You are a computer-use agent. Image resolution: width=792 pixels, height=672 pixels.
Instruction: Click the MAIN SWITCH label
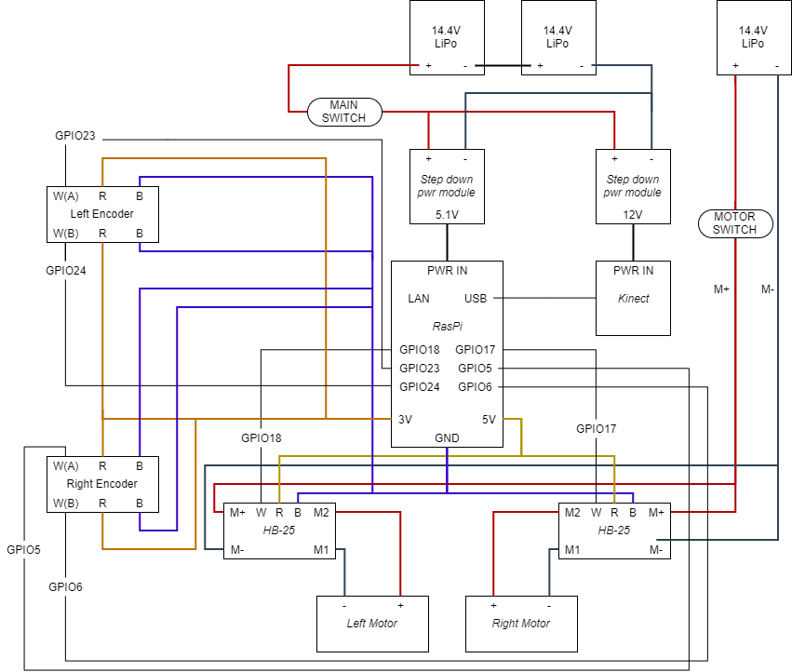tap(344, 112)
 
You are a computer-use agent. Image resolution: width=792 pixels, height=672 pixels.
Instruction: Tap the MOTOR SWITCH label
tap(734, 223)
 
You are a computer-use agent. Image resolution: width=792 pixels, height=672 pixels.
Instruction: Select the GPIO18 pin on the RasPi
tap(419, 350)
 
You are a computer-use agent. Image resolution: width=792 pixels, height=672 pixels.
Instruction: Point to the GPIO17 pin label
tap(475, 350)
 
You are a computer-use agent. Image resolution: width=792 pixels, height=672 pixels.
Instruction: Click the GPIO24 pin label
tap(419, 387)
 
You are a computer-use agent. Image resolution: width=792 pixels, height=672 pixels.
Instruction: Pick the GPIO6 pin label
tap(475, 387)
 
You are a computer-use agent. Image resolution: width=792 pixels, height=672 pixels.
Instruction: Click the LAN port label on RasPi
tap(419, 299)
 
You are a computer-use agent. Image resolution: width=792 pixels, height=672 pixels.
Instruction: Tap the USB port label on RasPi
tap(475, 299)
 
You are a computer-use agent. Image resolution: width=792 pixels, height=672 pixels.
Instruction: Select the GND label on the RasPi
tap(447, 438)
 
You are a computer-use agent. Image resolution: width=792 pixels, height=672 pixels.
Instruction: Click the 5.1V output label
tap(447, 215)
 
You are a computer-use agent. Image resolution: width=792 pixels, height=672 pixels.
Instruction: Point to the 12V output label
tap(633, 215)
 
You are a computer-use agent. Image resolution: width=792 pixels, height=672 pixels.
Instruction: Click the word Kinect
tap(633, 299)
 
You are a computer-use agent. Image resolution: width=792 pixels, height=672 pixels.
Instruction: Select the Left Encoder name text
tap(102, 214)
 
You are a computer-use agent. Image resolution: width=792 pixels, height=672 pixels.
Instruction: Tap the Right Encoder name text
tap(102, 484)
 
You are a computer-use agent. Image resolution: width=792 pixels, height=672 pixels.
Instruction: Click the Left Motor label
tap(372, 624)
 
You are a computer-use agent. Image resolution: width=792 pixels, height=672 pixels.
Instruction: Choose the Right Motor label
tap(521, 624)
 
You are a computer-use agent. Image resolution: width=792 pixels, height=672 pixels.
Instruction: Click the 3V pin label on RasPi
tap(405, 420)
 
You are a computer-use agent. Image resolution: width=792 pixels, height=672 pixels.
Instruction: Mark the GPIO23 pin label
tap(419, 369)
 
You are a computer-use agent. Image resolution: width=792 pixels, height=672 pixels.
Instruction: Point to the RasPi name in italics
tap(447, 327)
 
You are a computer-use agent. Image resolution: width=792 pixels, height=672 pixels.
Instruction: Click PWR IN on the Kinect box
tap(633, 271)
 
